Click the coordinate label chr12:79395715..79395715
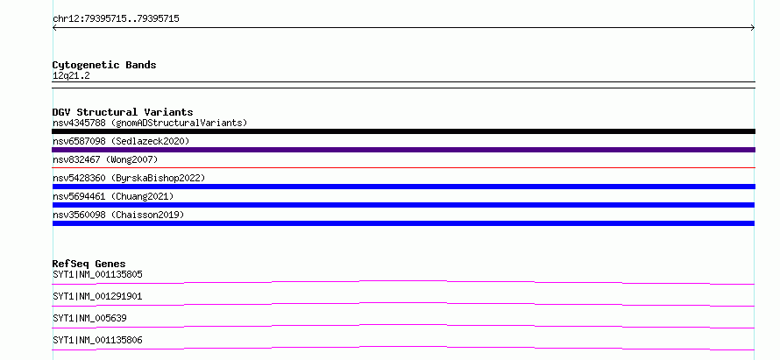click(116, 19)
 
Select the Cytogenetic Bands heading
click(104, 65)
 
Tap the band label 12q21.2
click(71, 76)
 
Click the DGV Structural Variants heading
click(123, 112)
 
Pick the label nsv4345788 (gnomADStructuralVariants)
click(150, 123)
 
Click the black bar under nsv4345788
click(403, 131)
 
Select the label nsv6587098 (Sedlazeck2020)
click(121, 141)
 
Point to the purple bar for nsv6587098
click(403, 150)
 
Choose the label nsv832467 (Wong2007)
click(105, 159)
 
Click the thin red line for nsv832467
click(403, 167)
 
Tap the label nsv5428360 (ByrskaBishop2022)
click(129, 178)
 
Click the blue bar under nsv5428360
click(403, 187)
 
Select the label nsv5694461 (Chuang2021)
click(113, 196)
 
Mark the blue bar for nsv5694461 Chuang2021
click(403, 205)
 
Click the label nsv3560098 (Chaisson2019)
click(118, 215)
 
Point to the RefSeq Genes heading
click(89, 264)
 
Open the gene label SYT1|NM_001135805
click(98, 274)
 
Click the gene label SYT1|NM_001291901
click(97, 296)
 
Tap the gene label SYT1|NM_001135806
click(97, 340)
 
